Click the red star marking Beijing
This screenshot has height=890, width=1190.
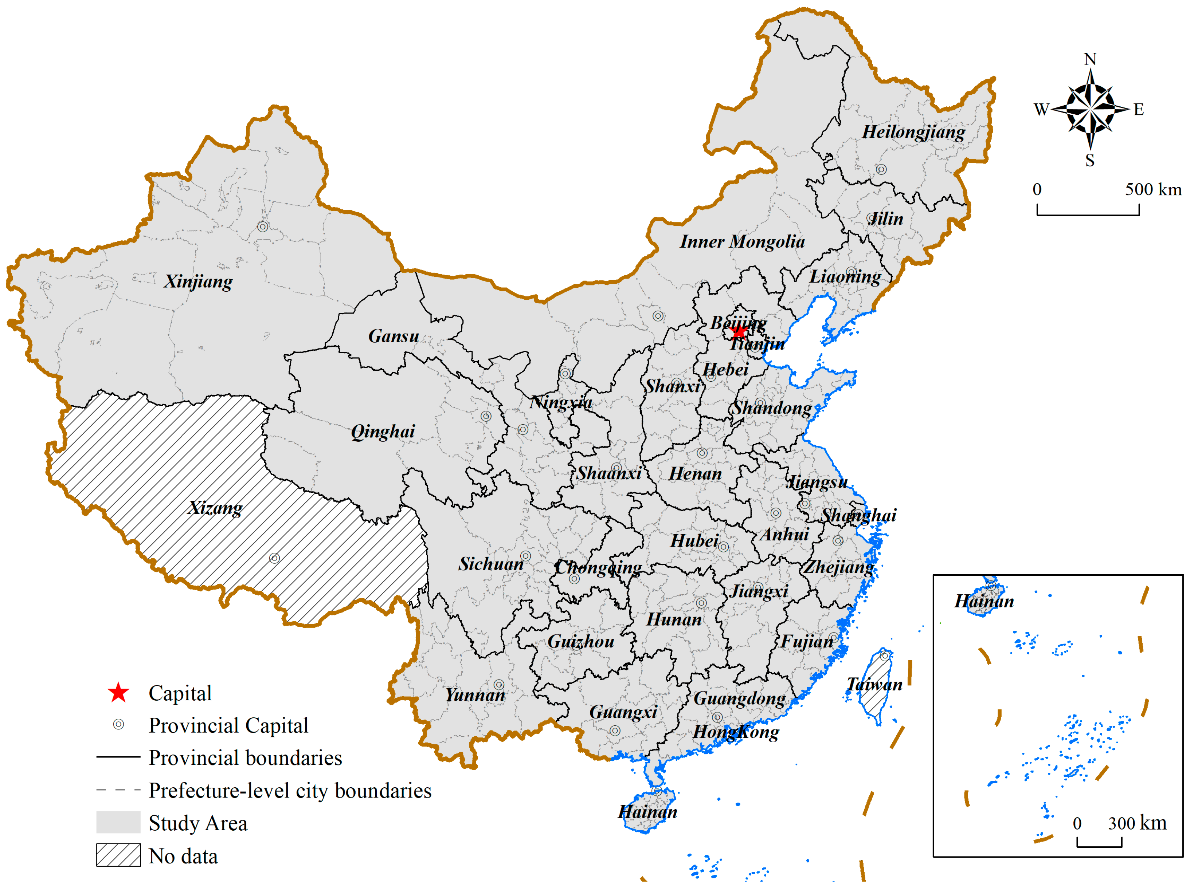coord(739,332)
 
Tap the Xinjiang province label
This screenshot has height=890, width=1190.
coord(199,281)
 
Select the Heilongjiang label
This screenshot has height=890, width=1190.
coord(913,132)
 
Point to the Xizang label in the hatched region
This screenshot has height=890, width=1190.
coord(215,508)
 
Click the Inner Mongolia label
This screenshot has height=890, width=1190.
coord(743,241)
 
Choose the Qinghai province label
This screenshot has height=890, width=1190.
coord(383,431)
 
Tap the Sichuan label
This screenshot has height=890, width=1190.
coord(491,564)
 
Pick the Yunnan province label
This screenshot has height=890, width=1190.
coord(475,695)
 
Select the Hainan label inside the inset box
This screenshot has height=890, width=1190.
coord(984,601)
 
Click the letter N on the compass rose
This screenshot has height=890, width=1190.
coord(1090,59)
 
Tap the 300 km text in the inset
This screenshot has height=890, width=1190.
coord(1137,823)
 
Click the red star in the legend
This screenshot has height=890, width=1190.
coord(118,693)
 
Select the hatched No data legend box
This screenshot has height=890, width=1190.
coord(118,855)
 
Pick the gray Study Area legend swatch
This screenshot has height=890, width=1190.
coord(118,822)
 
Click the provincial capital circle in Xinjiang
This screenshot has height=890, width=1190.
coord(263,227)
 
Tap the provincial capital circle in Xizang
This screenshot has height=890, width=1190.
coord(274,558)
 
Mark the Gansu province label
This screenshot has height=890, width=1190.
coord(393,336)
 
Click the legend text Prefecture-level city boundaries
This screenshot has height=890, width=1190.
coord(290,791)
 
